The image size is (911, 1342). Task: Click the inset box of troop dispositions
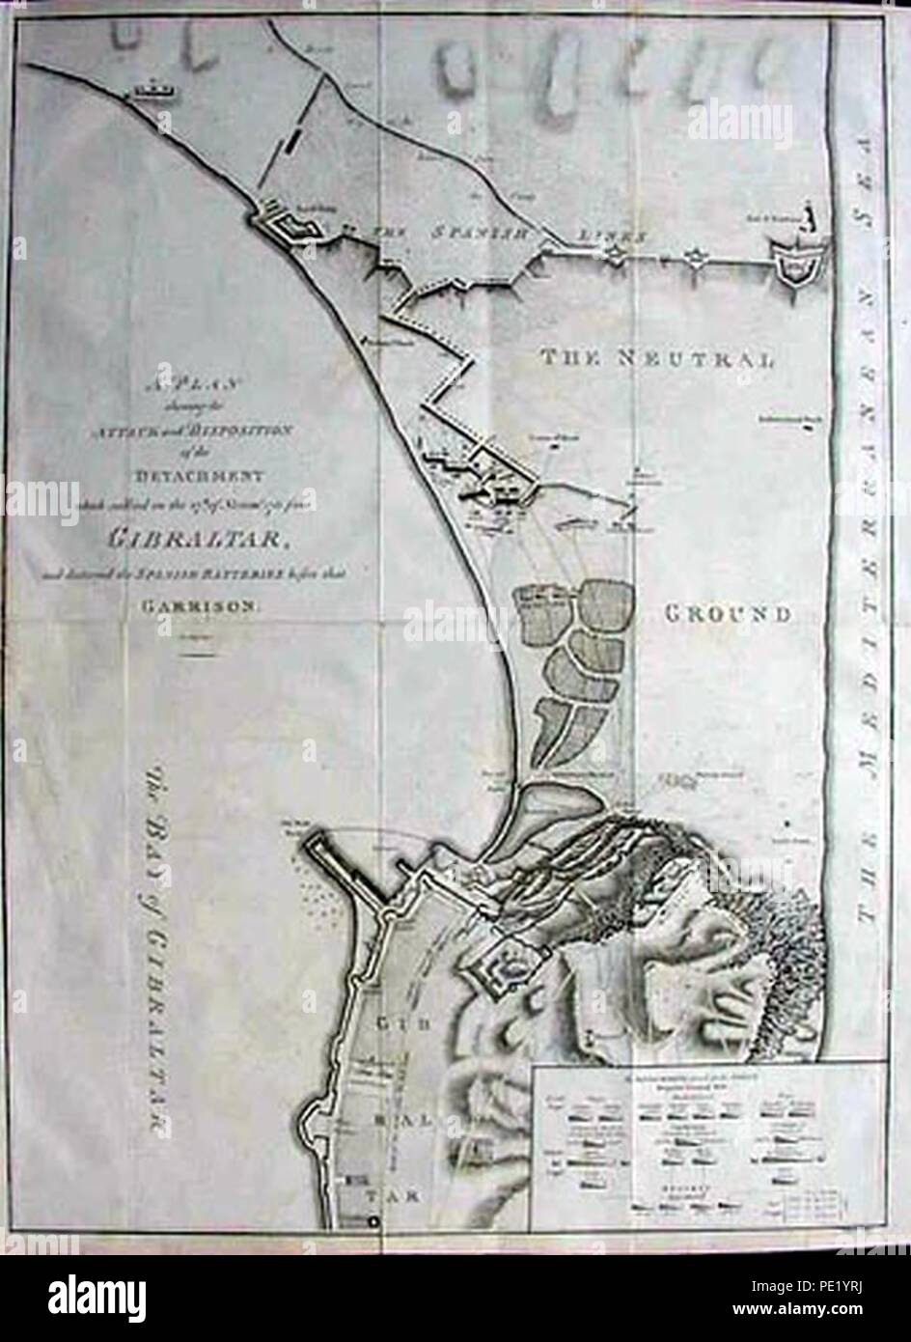coord(706,1146)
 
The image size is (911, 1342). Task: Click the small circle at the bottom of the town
coord(373,1222)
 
